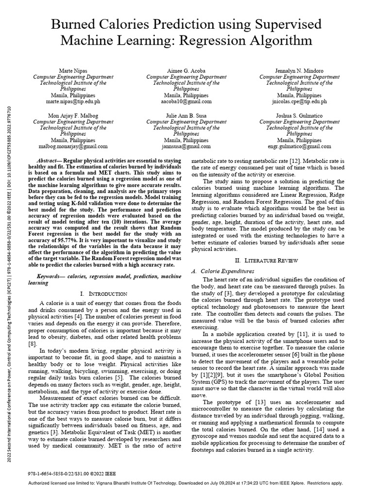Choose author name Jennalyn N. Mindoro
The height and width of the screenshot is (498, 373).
pos(292,71)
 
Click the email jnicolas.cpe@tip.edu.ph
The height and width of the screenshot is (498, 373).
pos(292,102)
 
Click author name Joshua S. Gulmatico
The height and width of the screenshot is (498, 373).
pos(292,115)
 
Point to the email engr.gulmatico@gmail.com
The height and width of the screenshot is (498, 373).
pos(292,146)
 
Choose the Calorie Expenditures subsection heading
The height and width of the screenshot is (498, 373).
pos(232,270)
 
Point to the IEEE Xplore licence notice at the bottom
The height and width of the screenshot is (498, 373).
pos(186,483)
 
